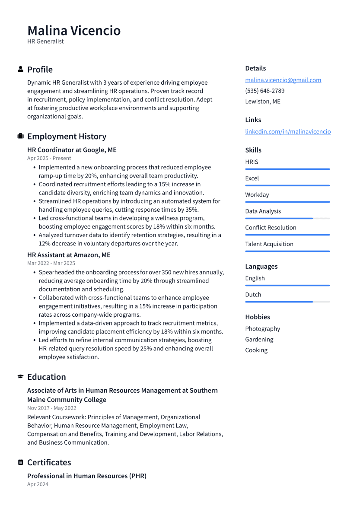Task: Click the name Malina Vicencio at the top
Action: click(74, 31)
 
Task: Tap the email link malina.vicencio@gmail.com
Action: click(283, 80)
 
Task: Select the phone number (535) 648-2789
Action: click(264, 91)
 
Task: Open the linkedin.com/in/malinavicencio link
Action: click(288, 131)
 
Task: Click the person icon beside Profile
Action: click(20, 70)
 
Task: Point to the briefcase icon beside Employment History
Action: click(20, 137)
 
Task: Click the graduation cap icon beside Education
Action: click(20, 377)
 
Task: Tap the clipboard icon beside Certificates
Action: click(20, 462)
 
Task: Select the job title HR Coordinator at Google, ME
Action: click(72, 150)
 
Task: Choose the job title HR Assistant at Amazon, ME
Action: click(69, 255)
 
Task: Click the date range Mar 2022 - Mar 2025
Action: click(51, 263)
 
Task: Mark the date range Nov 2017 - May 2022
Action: click(51, 408)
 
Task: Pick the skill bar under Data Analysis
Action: click(287, 218)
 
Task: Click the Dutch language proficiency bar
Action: click(287, 302)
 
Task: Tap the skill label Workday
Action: click(257, 195)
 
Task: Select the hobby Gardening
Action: click(259, 340)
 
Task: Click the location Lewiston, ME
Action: click(263, 102)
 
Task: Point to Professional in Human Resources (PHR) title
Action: click(87, 476)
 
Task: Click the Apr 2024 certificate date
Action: click(38, 484)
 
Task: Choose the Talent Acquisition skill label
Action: click(269, 244)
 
